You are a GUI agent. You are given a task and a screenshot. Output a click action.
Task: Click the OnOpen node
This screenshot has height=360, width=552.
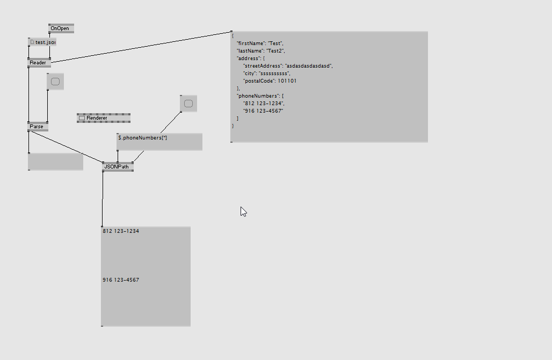pos(60,28)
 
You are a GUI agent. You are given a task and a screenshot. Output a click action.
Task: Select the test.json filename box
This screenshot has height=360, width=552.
pos(42,42)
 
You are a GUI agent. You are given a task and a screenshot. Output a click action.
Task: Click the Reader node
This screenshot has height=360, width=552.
pos(38,63)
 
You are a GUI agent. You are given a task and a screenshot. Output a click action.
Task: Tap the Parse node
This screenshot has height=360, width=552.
pos(37,127)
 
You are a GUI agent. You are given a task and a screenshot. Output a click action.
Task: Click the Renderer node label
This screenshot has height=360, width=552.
pos(97,118)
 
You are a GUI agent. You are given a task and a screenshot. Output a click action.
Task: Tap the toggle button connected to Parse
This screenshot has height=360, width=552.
pos(55,82)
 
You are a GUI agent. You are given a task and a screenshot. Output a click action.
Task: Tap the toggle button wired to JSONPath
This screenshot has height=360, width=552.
pos(188,104)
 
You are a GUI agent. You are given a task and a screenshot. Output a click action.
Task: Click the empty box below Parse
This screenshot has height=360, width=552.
pos(55,161)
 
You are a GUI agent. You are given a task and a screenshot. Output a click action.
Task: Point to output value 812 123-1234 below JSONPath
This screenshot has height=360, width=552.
pos(121,231)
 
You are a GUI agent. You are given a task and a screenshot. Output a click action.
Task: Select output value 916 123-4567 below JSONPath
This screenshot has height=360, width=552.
pos(121,280)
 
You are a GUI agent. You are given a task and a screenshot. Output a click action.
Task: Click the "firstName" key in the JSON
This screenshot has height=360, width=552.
pos(251,43)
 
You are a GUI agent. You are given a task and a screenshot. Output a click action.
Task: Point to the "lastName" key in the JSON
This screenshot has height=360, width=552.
pos(250,50)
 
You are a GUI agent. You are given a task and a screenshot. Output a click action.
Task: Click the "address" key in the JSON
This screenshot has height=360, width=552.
pos(248,58)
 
